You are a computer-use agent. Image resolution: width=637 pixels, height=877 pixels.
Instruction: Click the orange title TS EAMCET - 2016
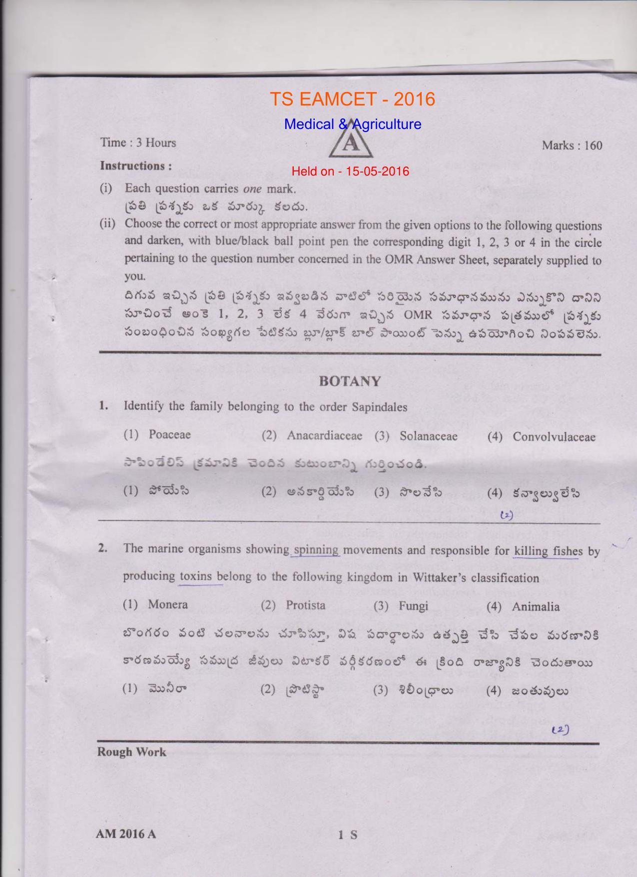[352, 99]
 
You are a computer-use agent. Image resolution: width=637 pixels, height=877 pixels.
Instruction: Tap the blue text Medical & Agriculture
[352, 124]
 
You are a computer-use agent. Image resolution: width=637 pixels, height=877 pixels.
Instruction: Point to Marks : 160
[572, 145]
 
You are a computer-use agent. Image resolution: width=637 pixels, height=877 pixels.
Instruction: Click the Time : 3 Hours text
[138, 143]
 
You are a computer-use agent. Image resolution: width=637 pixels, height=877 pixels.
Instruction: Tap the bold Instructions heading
[136, 165]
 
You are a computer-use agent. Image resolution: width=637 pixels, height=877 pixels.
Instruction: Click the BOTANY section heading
[349, 382]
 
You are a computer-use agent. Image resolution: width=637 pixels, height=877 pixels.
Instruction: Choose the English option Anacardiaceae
[324, 435]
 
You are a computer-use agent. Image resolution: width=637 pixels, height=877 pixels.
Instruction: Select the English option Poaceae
[169, 434]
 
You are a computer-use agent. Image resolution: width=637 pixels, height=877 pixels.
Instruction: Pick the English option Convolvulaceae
[554, 437]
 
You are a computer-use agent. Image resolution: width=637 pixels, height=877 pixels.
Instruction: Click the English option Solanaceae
[428, 436]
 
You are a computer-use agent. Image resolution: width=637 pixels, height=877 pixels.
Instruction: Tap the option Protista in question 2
[305, 605]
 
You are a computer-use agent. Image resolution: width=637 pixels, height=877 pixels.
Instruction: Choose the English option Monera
[168, 604]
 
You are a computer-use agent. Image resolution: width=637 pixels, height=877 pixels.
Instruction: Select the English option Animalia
[535, 606]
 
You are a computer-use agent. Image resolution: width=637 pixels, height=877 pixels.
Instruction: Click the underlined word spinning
[316, 549]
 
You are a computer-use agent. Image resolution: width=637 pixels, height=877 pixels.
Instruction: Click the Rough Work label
[131, 752]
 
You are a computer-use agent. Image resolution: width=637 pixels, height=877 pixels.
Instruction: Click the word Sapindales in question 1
[379, 407]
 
